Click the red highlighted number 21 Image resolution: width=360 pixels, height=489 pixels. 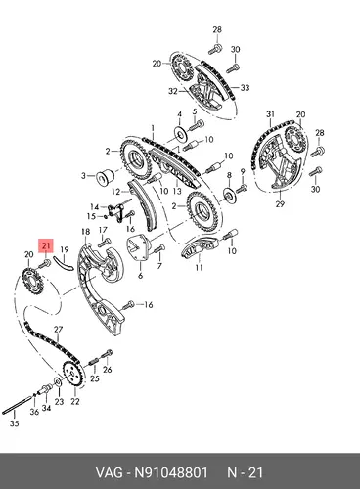46,245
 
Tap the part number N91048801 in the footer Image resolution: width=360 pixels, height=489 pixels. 171,472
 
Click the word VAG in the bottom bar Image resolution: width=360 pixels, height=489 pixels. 110,472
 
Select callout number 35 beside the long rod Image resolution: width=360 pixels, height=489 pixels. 14,423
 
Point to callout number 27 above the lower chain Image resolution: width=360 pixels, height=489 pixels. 58,330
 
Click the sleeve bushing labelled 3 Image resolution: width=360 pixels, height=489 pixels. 105,176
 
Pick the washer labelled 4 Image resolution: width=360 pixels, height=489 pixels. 180,133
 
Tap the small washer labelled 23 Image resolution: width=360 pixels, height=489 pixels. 57,381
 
